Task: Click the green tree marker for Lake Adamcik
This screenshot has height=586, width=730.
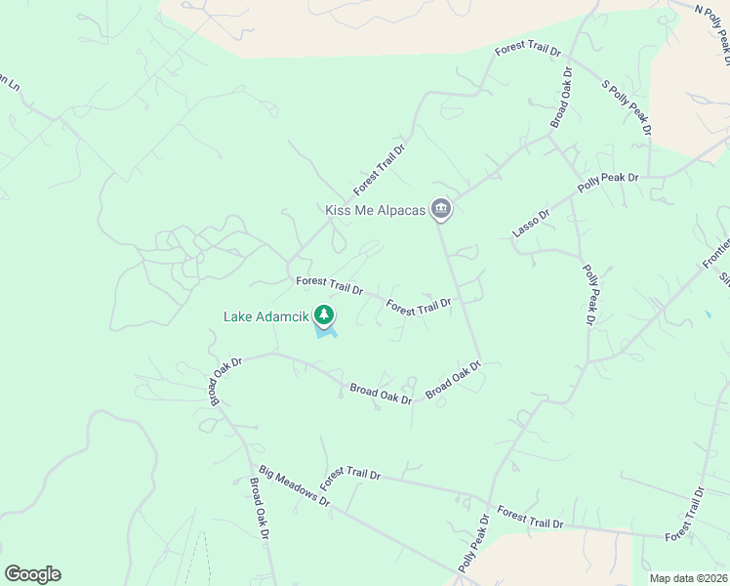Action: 324,314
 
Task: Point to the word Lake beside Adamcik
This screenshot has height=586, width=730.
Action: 238,316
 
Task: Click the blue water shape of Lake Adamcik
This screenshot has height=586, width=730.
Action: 326,334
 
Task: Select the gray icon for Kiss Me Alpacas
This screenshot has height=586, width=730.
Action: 441,209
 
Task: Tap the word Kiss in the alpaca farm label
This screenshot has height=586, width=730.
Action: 338,210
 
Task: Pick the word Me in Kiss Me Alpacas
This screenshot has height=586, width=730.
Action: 366,210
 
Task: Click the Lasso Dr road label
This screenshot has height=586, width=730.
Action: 532,224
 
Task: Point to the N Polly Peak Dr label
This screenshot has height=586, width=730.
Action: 712,27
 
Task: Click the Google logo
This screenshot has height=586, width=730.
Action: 32,574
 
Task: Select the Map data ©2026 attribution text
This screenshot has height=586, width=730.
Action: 687,578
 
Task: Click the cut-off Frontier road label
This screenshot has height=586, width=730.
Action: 715,255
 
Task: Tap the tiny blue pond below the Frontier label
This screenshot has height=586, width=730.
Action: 707,315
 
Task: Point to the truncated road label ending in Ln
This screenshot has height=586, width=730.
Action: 9,84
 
